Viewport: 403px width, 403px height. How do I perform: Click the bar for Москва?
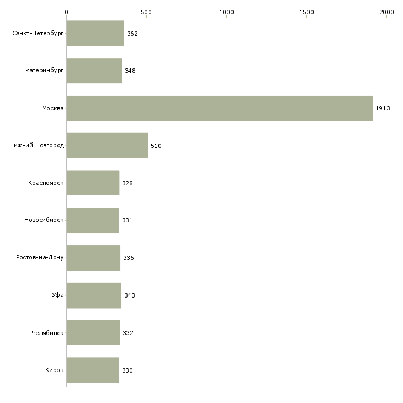click(x=220, y=108)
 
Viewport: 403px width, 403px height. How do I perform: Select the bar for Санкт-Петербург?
click(x=96, y=33)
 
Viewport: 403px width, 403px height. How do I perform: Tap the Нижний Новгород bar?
click(x=107, y=145)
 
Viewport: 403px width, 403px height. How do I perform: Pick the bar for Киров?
click(x=93, y=370)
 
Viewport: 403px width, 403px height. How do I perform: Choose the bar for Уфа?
click(x=94, y=295)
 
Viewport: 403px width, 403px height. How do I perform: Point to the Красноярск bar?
click(x=93, y=183)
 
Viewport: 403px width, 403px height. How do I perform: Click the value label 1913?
click(x=383, y=108)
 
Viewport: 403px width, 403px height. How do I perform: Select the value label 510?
click(x=156, y=146)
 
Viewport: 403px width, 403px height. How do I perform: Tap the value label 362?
click(x=132, y=34)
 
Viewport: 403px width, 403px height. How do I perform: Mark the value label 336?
click(x=129, y=258)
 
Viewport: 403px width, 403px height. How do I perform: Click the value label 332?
click(x=128, y=333)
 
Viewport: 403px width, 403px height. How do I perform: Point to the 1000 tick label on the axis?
click(x=226, y=12)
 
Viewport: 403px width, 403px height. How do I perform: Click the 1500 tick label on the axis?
click(x=306, y=12)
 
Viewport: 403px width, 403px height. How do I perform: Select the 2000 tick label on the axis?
click(x=386, y=12)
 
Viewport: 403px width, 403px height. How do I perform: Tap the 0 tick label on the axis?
click(x=67, y=12)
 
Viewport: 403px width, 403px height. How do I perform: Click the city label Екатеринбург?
click(x=43, y=71)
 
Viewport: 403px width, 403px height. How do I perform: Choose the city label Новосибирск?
click(x=44, y=220)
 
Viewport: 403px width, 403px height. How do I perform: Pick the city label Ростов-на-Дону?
click(x=40, y=257)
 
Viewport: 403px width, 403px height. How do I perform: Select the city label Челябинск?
click(x=47, y=333)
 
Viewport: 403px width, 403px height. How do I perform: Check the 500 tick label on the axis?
click(x=146, y=12)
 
